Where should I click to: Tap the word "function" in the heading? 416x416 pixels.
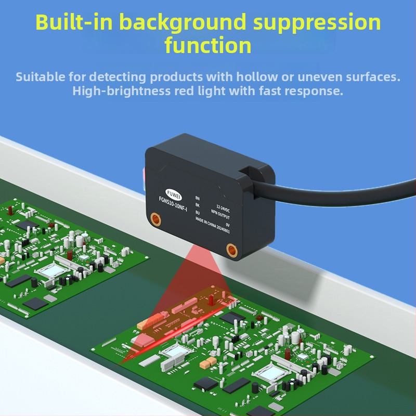tap(208, 45)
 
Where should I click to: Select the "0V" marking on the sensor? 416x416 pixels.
tap(227, 225)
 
